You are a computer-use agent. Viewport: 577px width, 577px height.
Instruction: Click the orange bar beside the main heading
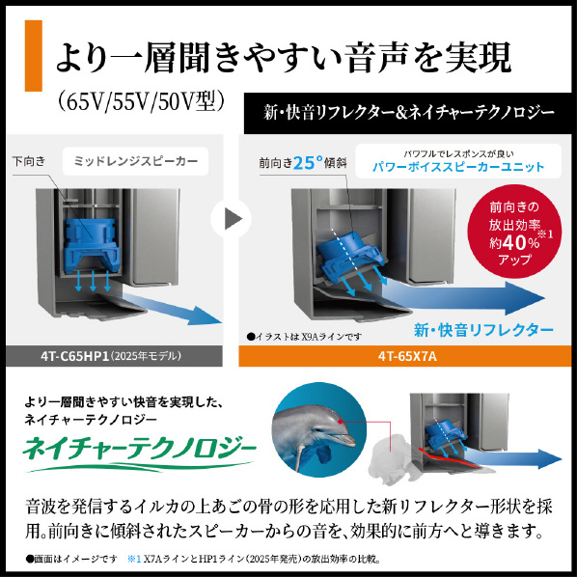[33, 56]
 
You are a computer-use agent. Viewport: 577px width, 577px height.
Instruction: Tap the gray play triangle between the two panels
[233, 219]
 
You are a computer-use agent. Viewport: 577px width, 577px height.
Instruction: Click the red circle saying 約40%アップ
[514, 232]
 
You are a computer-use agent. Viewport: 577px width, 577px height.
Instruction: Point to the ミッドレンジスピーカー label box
[135, 161]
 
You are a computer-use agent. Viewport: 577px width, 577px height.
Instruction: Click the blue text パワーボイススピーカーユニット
[458, 167]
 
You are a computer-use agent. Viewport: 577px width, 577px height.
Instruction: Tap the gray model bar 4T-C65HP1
[114, 356]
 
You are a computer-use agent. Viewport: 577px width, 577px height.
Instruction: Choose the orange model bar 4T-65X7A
[405, 356]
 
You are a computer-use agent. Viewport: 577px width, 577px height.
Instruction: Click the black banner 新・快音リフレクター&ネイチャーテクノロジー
[408, 113]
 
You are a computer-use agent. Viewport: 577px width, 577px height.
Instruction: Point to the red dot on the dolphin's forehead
[340, 422]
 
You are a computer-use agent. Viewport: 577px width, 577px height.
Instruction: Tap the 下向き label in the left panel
[29, 161]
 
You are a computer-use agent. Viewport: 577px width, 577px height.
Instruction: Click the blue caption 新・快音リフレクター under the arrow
[483, 330]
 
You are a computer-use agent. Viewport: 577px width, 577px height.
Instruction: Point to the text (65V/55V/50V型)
[141, 101]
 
